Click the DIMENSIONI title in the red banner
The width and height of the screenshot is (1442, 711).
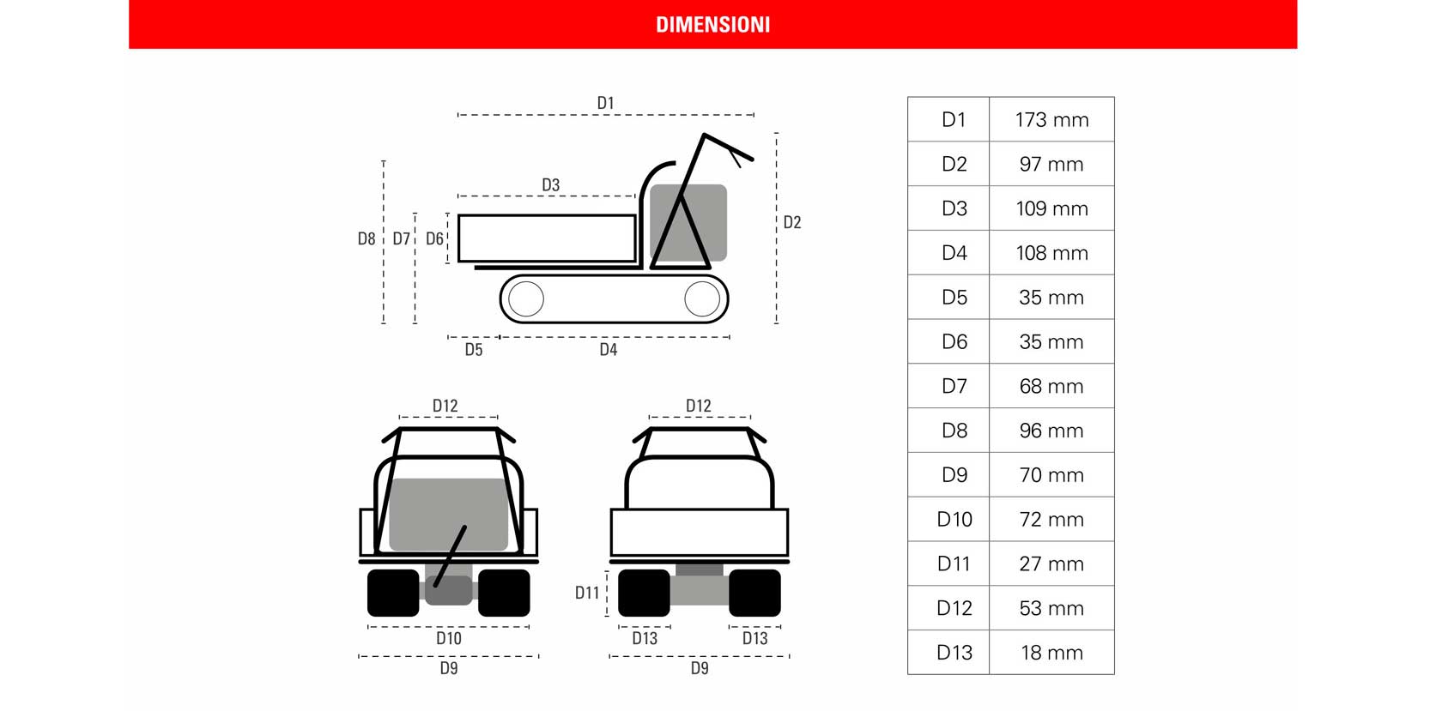pos(712,25)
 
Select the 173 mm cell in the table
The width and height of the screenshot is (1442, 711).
pos(1052,120)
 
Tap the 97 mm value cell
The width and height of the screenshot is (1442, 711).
pos(1052,164)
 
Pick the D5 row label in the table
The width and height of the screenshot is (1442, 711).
pos(954,298)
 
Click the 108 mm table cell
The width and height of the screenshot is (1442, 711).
pos(1052,253)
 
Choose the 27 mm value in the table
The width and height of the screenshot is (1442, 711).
pos(1052,563)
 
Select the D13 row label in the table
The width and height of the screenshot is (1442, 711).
pos(954,653)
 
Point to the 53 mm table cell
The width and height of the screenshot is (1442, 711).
pos(1052,608)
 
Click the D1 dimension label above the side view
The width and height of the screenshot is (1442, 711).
pos(606,103)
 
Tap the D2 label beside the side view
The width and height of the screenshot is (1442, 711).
pos(791,223)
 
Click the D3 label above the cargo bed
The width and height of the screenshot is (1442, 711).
pos(550,185)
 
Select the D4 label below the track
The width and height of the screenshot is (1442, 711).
pos(609,349)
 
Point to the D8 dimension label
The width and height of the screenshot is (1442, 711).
pos(367,238)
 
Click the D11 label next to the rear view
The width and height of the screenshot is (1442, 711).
pos(586,593)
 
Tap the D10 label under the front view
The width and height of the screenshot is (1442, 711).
pos(449,638)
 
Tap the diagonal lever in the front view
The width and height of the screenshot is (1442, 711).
pos(451,556)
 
